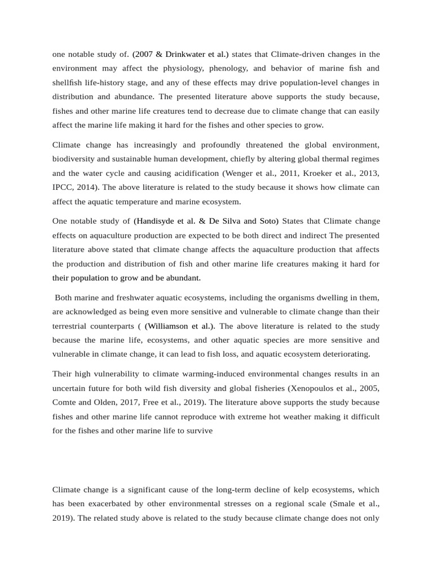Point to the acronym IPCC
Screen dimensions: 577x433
point(63,187)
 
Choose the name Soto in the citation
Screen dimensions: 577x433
point(267,220)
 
